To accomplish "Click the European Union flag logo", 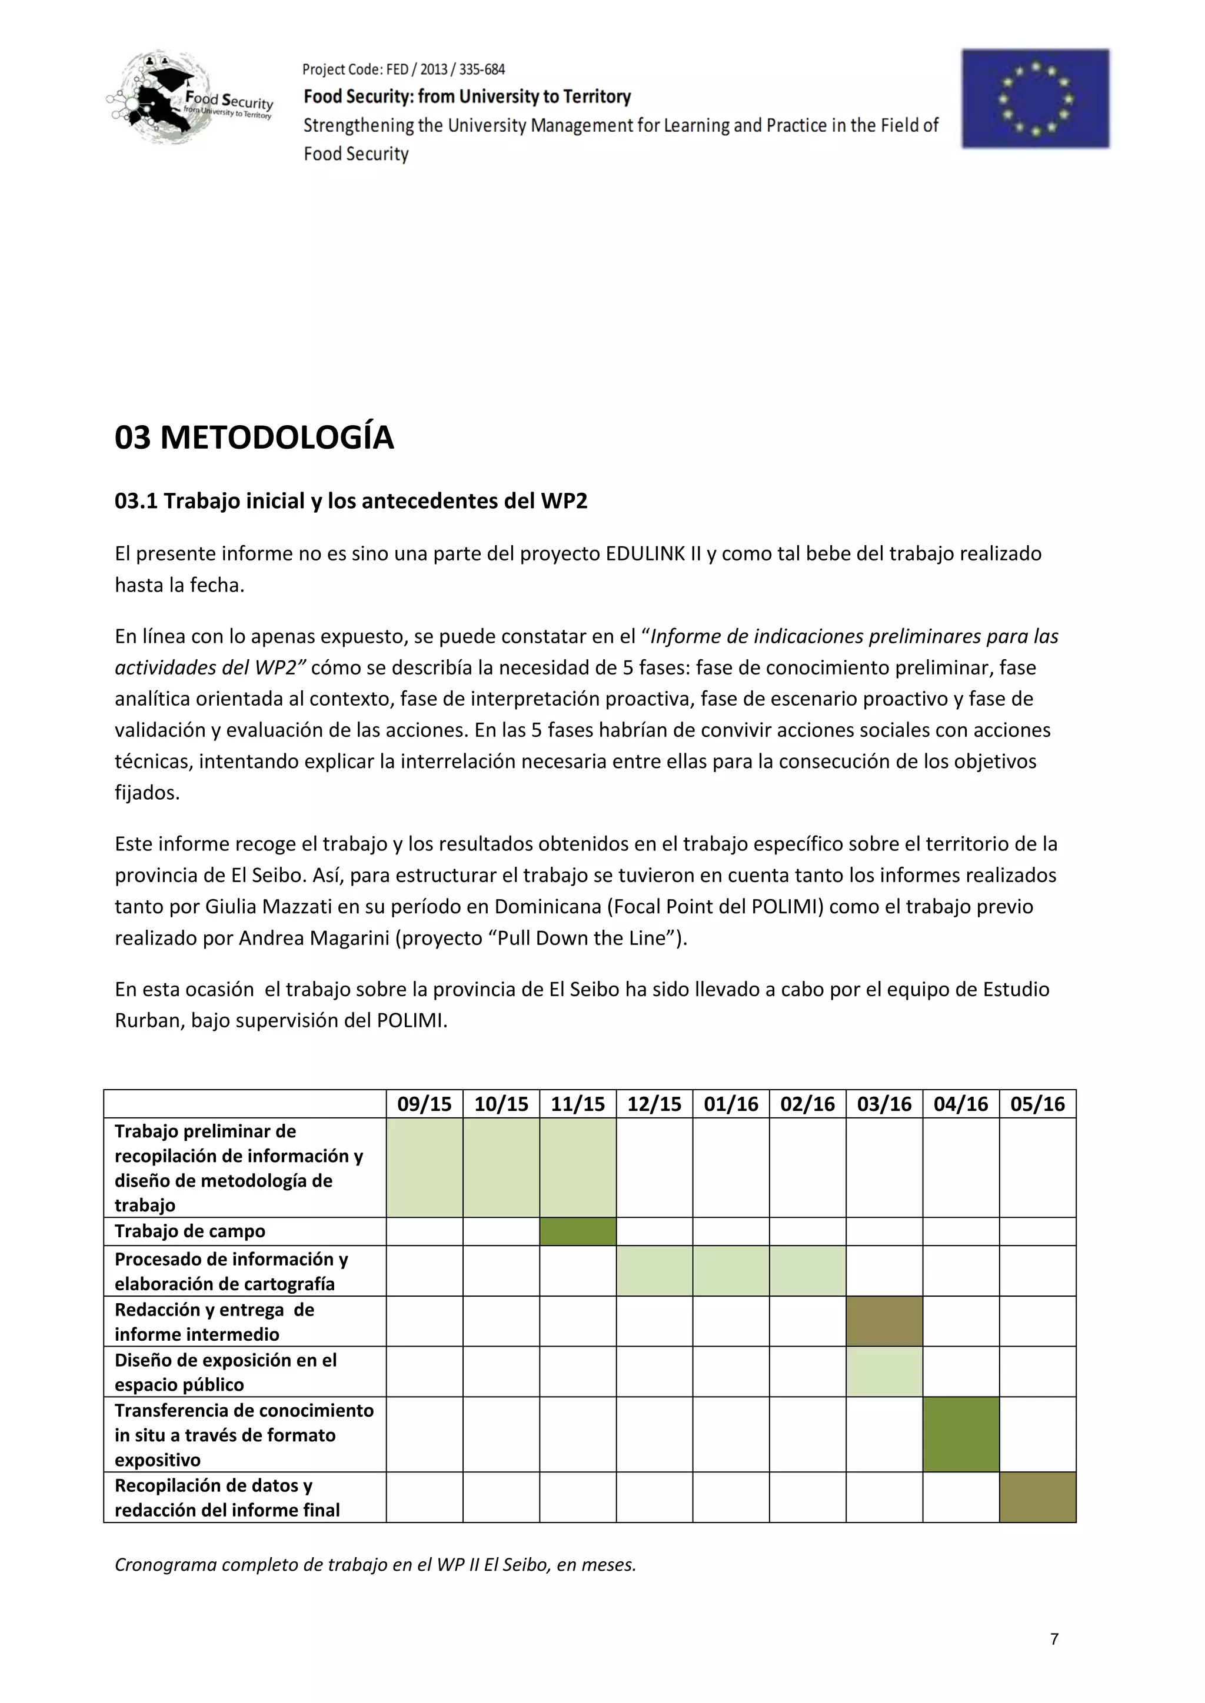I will pyautogui.click(x=1035, y=99).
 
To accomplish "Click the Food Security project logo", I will pyautogui.click(x=191, y=98).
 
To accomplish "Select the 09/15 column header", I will pyautogui.click(x=424, y=1104).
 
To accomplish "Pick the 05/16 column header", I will pyautogui.click(x=1037, y=1104).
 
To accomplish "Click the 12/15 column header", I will pyautogui.click(x=654, y=1104).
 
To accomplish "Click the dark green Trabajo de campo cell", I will pyautogui.click(x=577, y=1231).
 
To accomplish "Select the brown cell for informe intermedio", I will pyautogui.click(x=884, y=1321).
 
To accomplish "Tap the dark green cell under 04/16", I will pyautogui.click(x=960, y=1434).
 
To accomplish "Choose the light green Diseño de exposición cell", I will pyautogui.click(x=884, y=1371).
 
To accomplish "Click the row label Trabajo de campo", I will pyautogui.click(x=190, y=1231).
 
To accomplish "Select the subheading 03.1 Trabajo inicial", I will pyautogui.click(x=350, y=502).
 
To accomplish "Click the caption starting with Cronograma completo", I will pyautogui.click(x=375, y=1564).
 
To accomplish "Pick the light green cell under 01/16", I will pyautogui.click(x=730, y=1271).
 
